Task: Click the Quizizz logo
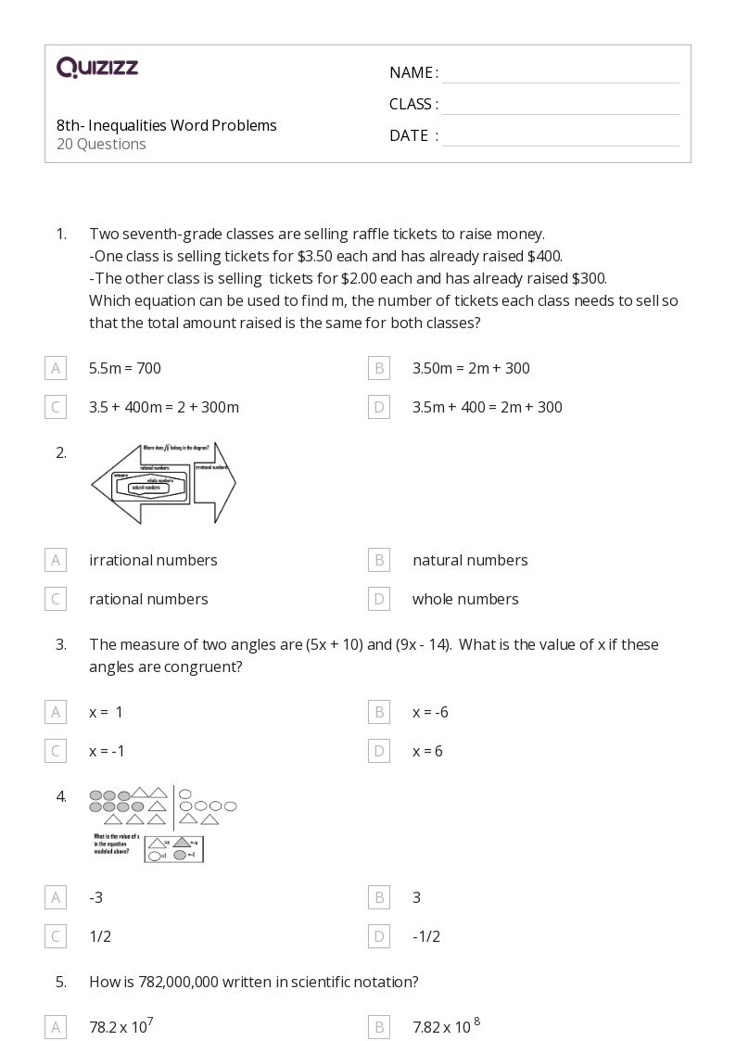[x=97, y=67]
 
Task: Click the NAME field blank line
[x=560, y=74]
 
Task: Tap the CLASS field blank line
[x=560, y=106]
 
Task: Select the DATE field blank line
[x=560, y=137]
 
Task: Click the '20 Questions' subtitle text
[x=101, y=144]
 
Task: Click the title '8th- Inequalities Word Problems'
[x=166, y=125]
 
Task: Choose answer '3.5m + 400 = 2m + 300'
[x=487, y=407]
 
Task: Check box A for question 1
[x=56, y=368]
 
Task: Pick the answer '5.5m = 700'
[x=125, y=368]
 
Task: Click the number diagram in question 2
[x=163, y=483]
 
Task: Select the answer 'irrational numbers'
[x=153, y=560]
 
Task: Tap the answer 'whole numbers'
[x=465, y=599]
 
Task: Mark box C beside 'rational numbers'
[x=56, y=599]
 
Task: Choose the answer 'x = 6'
[x=427, y=751]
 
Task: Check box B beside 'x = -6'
[x=378, y=712]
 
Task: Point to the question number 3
[x=61, y=644]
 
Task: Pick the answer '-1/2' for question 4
[x=426, y=936]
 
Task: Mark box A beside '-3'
[x=56, y=897]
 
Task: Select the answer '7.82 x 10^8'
[x=446, y=1026]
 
